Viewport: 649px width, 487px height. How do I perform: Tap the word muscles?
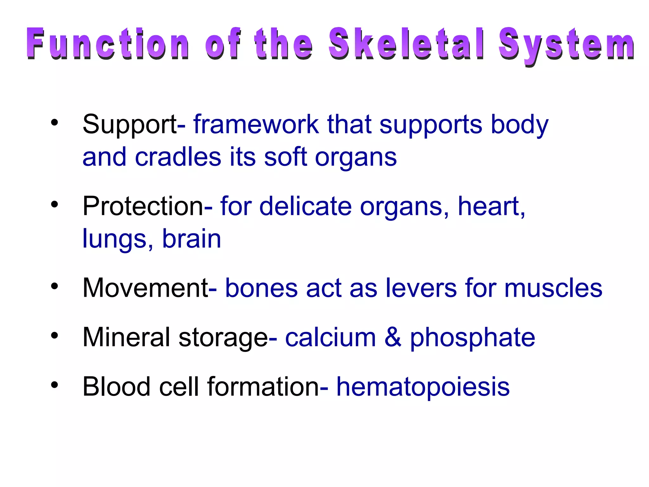tap(553, 288)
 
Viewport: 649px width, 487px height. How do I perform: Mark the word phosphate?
tap(472, 338)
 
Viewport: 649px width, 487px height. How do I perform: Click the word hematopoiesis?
tap(423, 387)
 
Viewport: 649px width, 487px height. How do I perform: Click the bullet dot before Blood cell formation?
tap(55, 385)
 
